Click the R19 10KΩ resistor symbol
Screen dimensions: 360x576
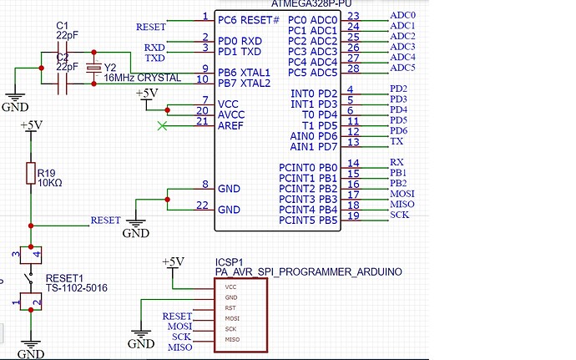30,175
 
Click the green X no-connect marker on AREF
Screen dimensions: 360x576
162,126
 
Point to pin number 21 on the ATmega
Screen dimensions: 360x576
202,121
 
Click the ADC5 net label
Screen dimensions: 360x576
402,68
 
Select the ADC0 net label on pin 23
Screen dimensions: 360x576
402,16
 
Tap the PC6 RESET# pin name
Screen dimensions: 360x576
248,18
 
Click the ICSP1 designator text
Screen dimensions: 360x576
229,262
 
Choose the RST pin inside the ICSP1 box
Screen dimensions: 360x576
229,307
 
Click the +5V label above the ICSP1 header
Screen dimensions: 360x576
173,261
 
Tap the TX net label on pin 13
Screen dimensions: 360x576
397,142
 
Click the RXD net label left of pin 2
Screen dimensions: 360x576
154,48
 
